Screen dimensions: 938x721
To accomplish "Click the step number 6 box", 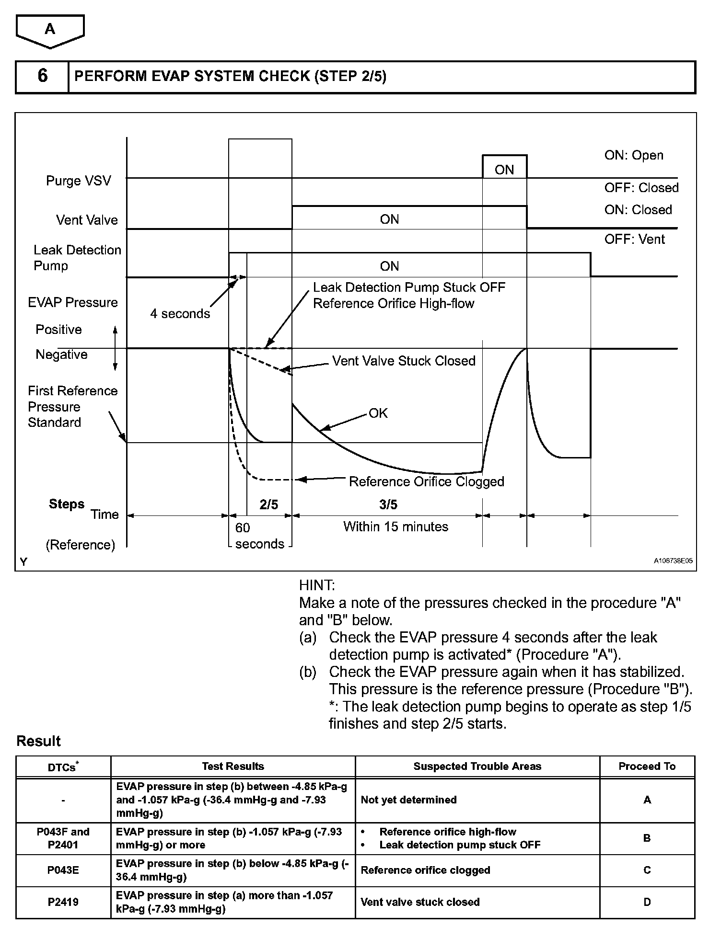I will pyautogui.click(x=42, y=77).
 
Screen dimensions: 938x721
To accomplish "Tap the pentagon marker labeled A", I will pyautogui.click(x=50, y=30).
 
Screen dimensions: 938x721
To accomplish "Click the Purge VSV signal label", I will pyautogui.click(x=78, y=181).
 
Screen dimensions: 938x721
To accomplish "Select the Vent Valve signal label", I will pyautogui.click(x=87, y=220).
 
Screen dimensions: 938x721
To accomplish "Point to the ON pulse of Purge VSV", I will pyautogui.click(x=504, y=169).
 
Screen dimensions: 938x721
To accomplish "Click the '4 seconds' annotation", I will pyautogui.click(x=180, y=314).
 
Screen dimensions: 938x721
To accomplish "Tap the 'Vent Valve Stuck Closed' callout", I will pyautogui.click(x=404, y=361).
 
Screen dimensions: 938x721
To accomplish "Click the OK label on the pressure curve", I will pyautogui.click(x=378, y=413).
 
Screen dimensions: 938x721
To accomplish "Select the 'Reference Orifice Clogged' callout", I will pyautogui.click(x=426, y=481).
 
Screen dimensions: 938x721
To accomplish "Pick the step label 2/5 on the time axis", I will pyautogui.click(x=269, y=504).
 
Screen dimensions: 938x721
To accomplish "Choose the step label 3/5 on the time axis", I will pyautogui.click(x=388, y=504).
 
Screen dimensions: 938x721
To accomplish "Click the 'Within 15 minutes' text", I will pyautogui.click(x=395, y=526).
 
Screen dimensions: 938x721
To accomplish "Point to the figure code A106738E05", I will pyautogui.click(x=673, y=561).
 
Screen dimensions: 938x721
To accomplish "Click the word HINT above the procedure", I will pyautogui.click(x=317, y=585).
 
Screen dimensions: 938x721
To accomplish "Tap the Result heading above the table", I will pyautogui.click(x=38, y=741).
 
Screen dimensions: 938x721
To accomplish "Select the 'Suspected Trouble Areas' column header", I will pyautogui.click(x=477, y=766).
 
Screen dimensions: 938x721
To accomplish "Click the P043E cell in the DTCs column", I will pyautogui.click(x=63, y=870).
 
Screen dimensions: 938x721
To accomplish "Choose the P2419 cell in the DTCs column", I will pyautogui.click(x=63, y=902).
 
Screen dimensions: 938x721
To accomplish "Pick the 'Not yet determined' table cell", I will pyautogui.click(x=408, y=800).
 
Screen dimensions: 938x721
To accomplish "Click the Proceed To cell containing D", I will pyautogui.click(x=647, y=902).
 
